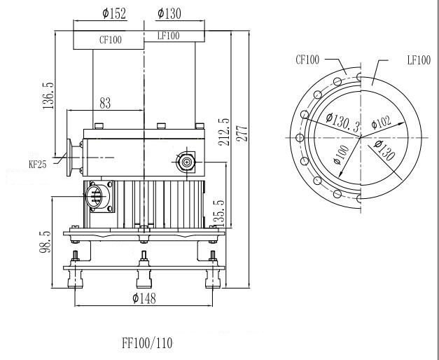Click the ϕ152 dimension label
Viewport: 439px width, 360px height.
(114, 13)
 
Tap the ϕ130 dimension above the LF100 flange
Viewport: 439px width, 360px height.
(169, 13)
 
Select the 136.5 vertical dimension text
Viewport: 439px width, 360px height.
(48, 96)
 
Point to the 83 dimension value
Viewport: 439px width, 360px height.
(105, 103)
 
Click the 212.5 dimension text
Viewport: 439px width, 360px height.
(224, 132)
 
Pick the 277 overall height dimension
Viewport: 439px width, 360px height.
(242, 134)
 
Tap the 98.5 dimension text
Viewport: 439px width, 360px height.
(45, 242)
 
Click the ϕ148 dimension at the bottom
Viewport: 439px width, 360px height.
(144, 298)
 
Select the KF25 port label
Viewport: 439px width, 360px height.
(38, 165)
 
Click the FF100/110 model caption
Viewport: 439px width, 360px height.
(147, 343)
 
